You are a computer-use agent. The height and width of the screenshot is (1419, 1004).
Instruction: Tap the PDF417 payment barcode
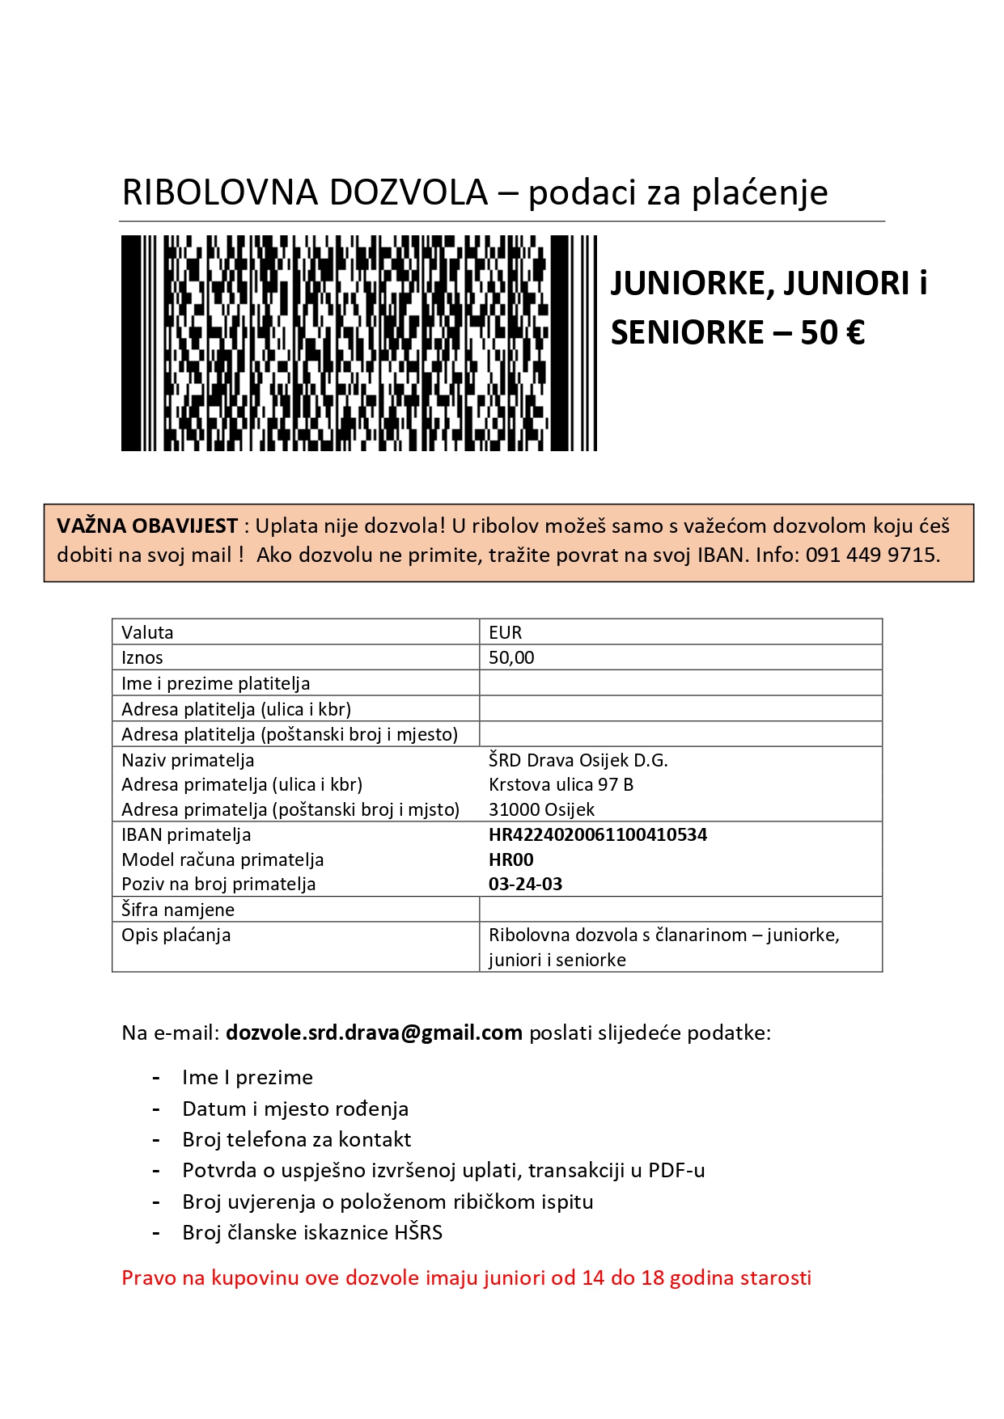pyautogui.click(x=358, y=343)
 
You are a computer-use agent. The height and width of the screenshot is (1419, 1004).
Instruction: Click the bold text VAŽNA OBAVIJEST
pyautogui.click(x=146, y=526)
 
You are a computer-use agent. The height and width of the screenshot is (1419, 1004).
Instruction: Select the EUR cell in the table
pyautogui.click(x=505, y=632)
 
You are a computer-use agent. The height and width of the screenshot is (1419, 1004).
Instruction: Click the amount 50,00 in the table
pyautogui.click(x=511, y=657)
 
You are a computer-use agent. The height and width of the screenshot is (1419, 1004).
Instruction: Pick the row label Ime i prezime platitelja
pyautogui.click(x=215, y=683)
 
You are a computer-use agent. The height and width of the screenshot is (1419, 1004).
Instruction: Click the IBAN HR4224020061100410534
pyautogui.click(x=597, y=834)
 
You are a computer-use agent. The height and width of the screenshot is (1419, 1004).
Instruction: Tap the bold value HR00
pyautogui.click(x=510, y=859)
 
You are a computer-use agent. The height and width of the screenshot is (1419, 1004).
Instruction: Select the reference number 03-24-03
pyautogui.click(x=525, y=884)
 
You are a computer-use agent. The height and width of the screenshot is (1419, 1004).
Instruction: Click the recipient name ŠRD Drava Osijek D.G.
pyautogui.click(x=578, y=760)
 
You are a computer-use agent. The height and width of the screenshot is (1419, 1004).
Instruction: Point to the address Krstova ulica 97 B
pyautogui.click(x=561, y=784)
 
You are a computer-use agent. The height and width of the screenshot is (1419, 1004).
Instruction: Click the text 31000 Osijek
pyautogui.click(x=541, y=809)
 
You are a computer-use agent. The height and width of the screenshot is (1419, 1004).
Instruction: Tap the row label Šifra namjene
pyautogui.click(x=178, y=910)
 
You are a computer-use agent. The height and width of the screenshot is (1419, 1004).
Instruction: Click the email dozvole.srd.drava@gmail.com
pyautogui.click(x=374, y=1033)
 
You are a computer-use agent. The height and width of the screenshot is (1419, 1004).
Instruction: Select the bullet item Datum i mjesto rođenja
pyautogui.click(x=294, y=1109)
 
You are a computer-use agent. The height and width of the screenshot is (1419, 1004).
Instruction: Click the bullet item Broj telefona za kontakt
pyautogui.click(x=296, y=1139)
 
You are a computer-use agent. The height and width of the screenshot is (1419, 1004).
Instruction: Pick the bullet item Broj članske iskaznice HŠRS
pyautogui.click(x=312, y=1232)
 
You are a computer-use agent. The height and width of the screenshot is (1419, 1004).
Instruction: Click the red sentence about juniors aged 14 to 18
pyautogui.click(x=466, y=1278)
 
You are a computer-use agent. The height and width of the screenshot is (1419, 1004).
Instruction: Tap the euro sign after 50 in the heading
pyautogui.click(x=854, y=332)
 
